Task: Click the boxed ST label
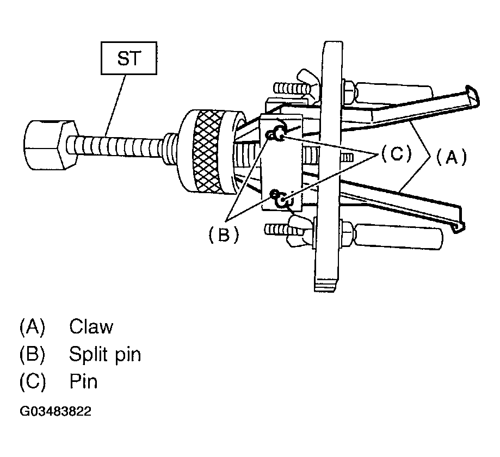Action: point(129,58)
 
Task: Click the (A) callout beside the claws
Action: point(451,157)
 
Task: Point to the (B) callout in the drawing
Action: point(223,234)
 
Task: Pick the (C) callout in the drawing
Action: point(397,153)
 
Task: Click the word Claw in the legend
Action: point(91,326)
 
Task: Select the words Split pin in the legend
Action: point(105,354)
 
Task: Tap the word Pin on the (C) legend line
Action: point(83,381)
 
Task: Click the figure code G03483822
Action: point(55,411)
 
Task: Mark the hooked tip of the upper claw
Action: point(473,96)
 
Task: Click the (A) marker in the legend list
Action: point(32,326)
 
